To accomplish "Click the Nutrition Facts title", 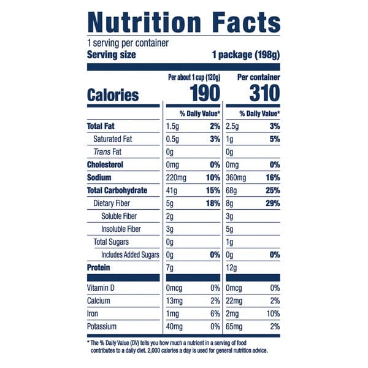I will coord(184,23).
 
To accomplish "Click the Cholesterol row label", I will coord(105,165).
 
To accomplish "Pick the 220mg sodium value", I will coord(175,178).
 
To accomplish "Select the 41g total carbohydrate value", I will coord(171,191).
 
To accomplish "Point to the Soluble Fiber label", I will coord(119,217).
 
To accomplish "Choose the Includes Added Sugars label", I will coord(130,255).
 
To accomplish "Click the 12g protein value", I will coord(232,267).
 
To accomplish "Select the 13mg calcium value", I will coord(174,301).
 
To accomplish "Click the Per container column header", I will coord(258,78).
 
